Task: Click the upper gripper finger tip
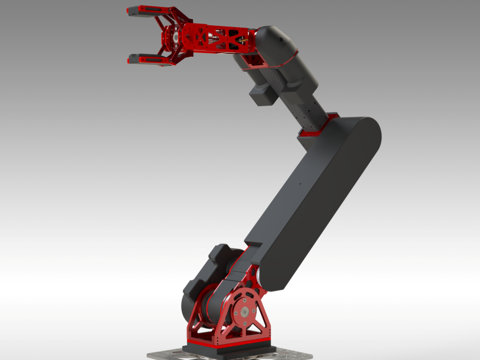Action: [x=132, y=11]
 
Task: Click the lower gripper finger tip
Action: [x=133, y=59]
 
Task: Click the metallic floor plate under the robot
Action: [x=164, y=355]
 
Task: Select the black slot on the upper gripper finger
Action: [x=150, y=9]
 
